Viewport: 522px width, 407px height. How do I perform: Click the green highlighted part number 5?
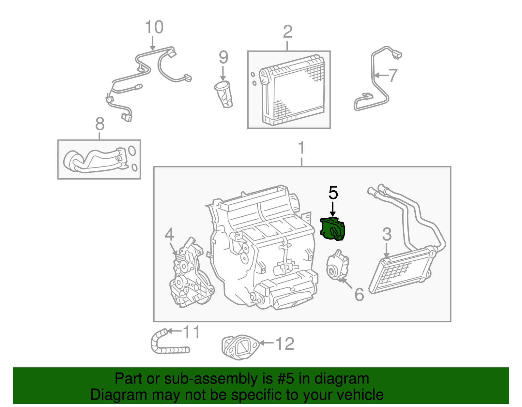[332, 229]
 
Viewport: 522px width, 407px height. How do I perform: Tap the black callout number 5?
[333, 193]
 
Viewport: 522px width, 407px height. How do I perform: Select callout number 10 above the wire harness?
[154, 27]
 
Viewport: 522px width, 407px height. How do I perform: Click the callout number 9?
[223, 57]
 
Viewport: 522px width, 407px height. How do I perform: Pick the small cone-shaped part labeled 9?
[224, 94]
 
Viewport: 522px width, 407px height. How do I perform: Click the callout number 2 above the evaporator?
[287, 32]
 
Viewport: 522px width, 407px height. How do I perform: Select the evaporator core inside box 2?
[293, 91]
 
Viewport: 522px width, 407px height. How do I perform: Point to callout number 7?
[393, 76]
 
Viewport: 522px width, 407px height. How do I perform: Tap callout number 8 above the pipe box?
[100, 124]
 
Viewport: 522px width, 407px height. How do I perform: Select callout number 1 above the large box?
[301, 148]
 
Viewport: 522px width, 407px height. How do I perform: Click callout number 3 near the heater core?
[387, 235]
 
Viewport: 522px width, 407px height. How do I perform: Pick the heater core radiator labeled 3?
[401, 270]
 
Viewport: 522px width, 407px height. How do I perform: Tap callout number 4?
[169, 235]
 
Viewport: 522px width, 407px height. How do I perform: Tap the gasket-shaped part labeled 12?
[240, 347]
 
